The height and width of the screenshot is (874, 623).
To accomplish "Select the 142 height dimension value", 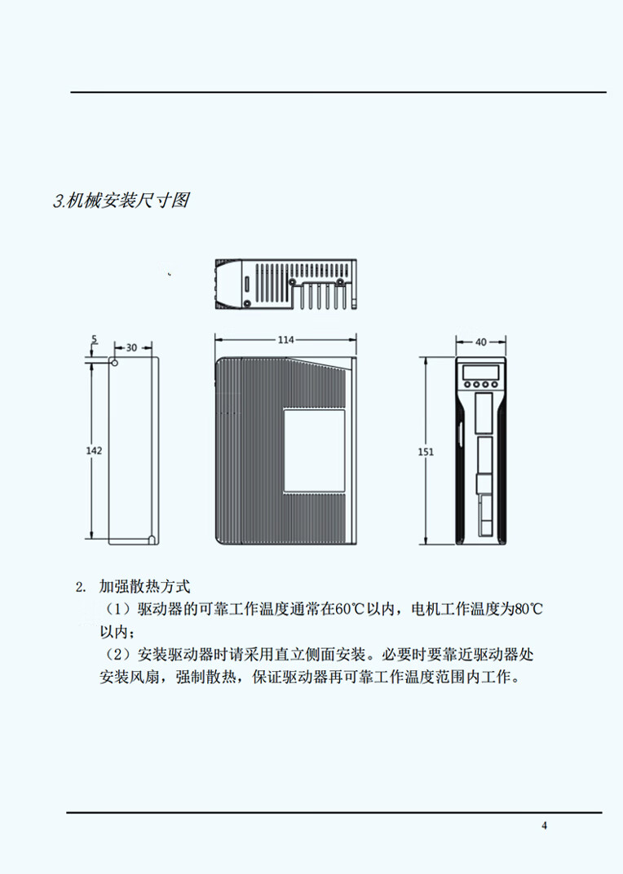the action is click(95, 450).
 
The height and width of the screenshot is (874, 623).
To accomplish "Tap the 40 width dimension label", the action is click(480, 342).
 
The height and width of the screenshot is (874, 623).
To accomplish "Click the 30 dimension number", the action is click(131, 347).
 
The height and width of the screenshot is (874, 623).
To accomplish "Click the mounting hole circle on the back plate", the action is click(114, 362).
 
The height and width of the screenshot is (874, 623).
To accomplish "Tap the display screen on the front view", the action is click(480, 373).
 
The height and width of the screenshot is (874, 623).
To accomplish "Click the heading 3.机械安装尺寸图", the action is click(121, 201).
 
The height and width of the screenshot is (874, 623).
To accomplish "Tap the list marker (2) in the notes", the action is click(118, 655).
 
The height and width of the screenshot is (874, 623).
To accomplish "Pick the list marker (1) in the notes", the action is click(118, 609).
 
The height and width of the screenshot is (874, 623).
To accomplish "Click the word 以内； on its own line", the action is click(117, 632).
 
